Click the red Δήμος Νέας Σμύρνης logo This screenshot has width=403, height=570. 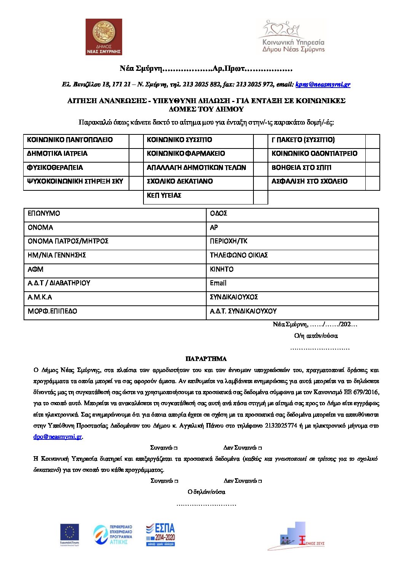point(104,37)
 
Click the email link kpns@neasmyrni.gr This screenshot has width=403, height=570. point(323,85)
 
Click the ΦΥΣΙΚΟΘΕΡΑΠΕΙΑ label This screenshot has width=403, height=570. point(55,168)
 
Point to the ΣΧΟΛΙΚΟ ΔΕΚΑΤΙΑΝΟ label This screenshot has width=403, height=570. point(180,182)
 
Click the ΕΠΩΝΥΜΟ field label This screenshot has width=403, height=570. point(44,214)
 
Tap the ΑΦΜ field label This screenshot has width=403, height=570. point(35,269)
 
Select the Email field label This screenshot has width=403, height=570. point(218,283)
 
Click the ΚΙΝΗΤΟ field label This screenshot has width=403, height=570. point(221,269)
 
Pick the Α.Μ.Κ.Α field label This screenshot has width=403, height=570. point(40,297)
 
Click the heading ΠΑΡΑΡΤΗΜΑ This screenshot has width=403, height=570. point(206,359)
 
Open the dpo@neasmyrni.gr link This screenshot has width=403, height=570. point(57,437)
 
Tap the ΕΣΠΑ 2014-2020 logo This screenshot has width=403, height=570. point(160,534)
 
